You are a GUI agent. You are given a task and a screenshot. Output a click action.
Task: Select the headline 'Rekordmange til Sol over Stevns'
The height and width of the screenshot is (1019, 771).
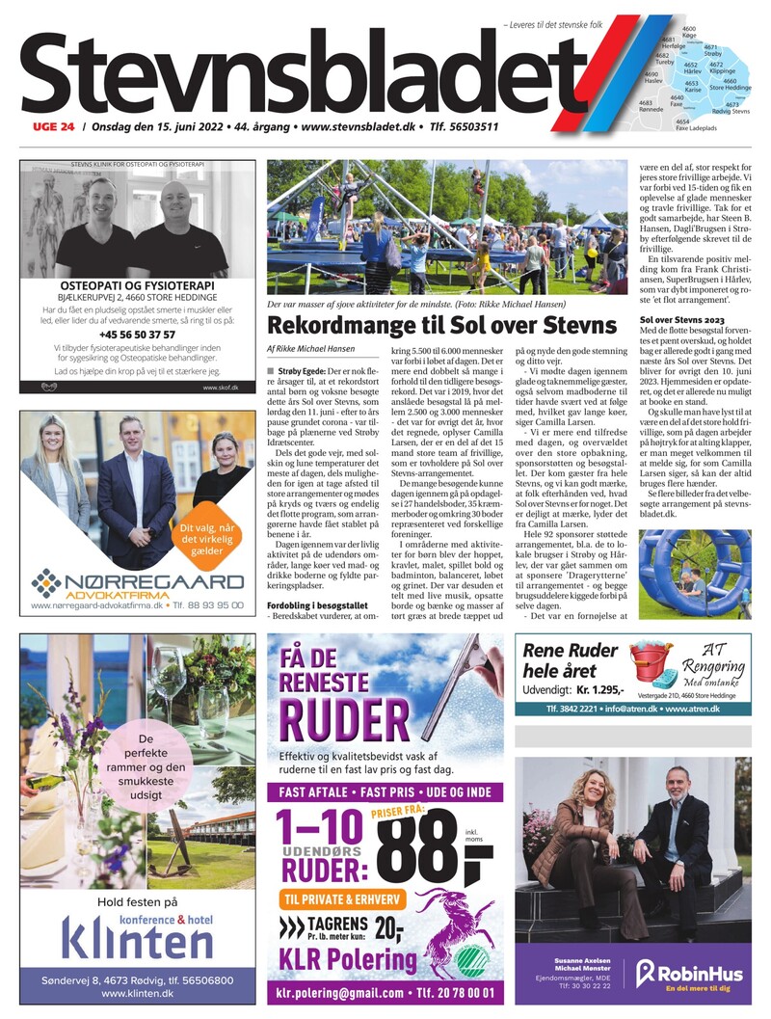[440, 324]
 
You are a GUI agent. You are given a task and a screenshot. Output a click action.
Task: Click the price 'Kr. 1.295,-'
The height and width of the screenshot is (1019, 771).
[587, 690]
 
